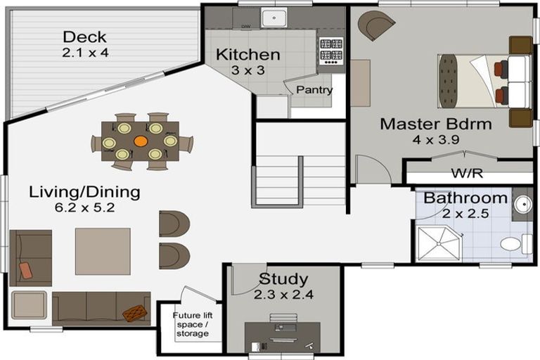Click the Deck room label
pyautogui.click(x=84, y=37)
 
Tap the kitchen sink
pyautogui.click(x=274, y=18)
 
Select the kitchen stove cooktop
pyautogui.click(x=331, y=51)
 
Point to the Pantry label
pyautogui.click(x=314, y=90)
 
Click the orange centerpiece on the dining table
pyautogui.click(x=141, y=141)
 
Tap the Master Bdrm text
pyautogui.click(x=436, y=124)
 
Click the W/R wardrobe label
pyautogui.click(x=467, y=173)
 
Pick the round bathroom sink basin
pyautogui.click(x=523, y=205)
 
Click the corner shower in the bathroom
pyautogui.click(x=439, y=243)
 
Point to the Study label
pyautogui.click(x=283, y=279)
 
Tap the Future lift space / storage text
pyautogui.click(x=193, y=324)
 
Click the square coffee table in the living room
pyautogui.click(x=103, y=251)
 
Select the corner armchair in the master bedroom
pyautogui.click(x=375, y=25)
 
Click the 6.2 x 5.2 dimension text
pyautogui.click(x=84, y=207)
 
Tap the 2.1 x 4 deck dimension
pyautogui.click(x=85, y=53)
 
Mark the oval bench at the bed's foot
pyautogui.click(x=449, y=82)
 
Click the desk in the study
pyautogui.click(x=283, y=337)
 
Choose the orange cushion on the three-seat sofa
pyautogui.click(x=135, y=313)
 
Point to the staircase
pyautogui.click(x=299, y=181)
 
